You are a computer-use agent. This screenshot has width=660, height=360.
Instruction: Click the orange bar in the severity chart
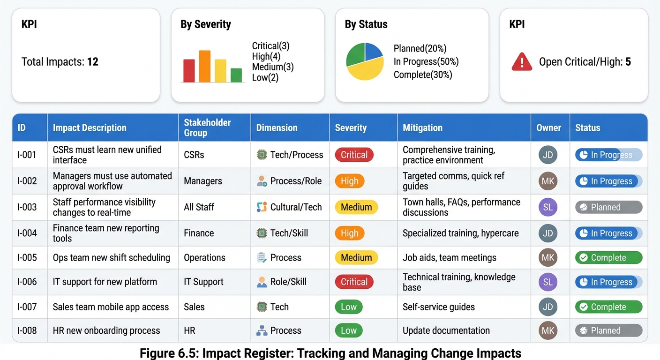pos(205,66)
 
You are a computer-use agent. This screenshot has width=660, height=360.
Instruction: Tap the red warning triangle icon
pos(522,62)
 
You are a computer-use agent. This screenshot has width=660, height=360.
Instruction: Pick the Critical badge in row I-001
pos(354,155)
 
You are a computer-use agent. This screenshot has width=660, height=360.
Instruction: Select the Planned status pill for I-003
pos(608,207)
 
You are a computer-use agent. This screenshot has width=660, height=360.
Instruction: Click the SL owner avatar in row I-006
pos(547,282)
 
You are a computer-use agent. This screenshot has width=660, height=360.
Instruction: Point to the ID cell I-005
pos(27,257)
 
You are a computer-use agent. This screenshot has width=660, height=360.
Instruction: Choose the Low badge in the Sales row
pos(348,307)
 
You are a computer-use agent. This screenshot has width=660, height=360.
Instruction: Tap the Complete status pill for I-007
pos(608,307)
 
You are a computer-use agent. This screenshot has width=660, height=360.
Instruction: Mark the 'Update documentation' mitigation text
pos(446,330)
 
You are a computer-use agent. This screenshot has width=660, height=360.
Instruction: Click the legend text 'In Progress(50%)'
pos(426,61)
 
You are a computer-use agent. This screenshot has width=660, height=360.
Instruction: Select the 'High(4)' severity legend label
pos(266,56)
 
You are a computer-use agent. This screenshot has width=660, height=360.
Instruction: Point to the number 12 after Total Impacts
pos(93,62)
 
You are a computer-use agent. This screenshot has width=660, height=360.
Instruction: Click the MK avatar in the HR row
pos(547,330)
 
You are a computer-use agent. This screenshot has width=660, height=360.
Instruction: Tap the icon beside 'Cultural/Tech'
pos(262,207)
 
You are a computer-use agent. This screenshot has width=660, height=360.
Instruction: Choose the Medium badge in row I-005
pos(356,257)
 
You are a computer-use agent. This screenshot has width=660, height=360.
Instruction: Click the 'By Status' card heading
pos(366,24)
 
